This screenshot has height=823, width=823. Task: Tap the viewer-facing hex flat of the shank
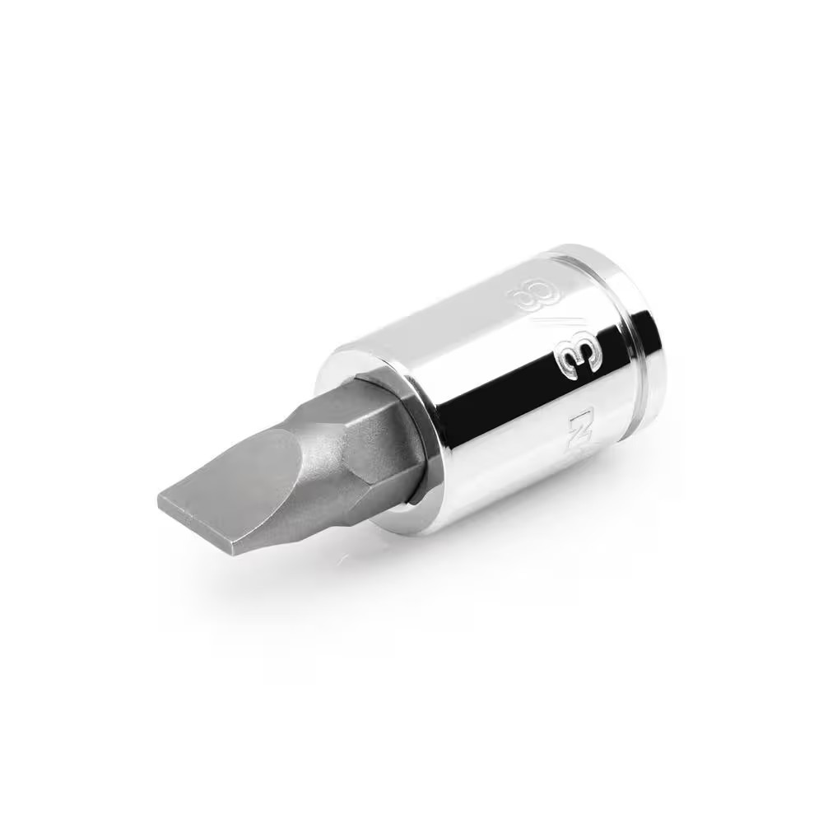379,461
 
